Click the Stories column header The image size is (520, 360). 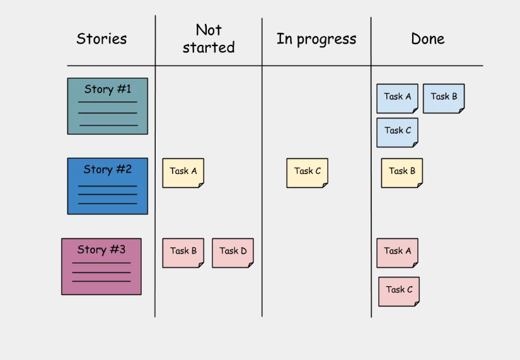101,39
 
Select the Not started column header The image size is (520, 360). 209,39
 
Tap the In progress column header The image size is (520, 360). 316,39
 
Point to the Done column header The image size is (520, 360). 428,39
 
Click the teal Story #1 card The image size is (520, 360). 107,106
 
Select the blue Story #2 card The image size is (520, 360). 107,186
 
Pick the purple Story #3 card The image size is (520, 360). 101,267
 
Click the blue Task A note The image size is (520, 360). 397,98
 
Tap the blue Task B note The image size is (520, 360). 444,98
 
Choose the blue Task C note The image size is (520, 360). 397,132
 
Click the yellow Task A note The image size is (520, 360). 183,173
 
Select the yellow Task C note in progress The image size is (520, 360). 308,173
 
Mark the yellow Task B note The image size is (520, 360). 402,173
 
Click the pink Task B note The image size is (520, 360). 183,253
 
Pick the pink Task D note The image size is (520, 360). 233,253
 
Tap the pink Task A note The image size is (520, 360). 397,253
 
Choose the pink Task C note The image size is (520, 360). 399,292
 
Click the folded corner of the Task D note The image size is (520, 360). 251,265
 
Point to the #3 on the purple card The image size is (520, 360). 118,250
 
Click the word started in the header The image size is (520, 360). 209,47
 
